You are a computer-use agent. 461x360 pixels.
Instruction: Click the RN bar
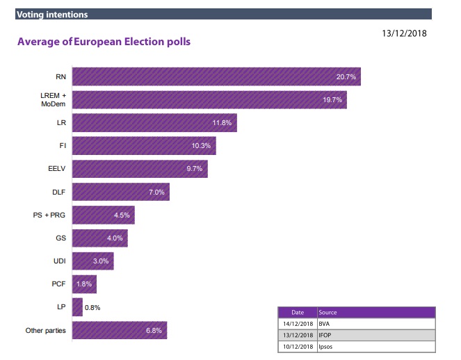click(x=216, y=76)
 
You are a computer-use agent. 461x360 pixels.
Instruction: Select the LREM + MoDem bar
click(x=209, y=99)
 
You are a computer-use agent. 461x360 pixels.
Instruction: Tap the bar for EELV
click(x=139, y=169)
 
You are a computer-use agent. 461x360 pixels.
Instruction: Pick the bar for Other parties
click(x=119, y=330)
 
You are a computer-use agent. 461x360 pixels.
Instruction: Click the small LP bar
click(x=77, y=307)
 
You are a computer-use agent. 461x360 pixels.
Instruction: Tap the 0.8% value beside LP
click(x=93, y=307)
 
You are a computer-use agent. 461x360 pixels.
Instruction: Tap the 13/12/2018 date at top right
click(x=404, y=32)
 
